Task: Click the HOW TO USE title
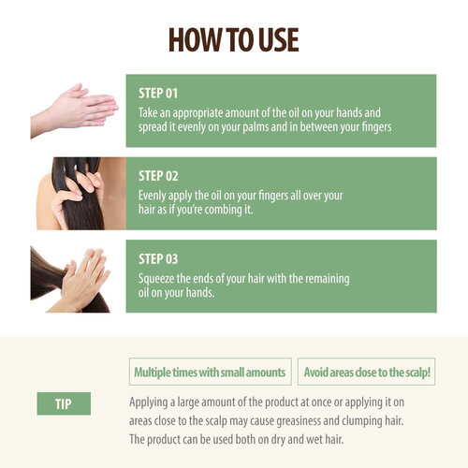tap(233, 39)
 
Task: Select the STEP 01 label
tap(157, 94)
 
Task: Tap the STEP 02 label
tap(158, 176)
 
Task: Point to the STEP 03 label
tap(158, 258)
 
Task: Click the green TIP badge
tap(64, 403)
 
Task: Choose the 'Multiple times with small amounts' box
tap(209, 372)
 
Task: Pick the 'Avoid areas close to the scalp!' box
tap(366, 372)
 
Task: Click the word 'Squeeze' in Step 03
tap(158, 276)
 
